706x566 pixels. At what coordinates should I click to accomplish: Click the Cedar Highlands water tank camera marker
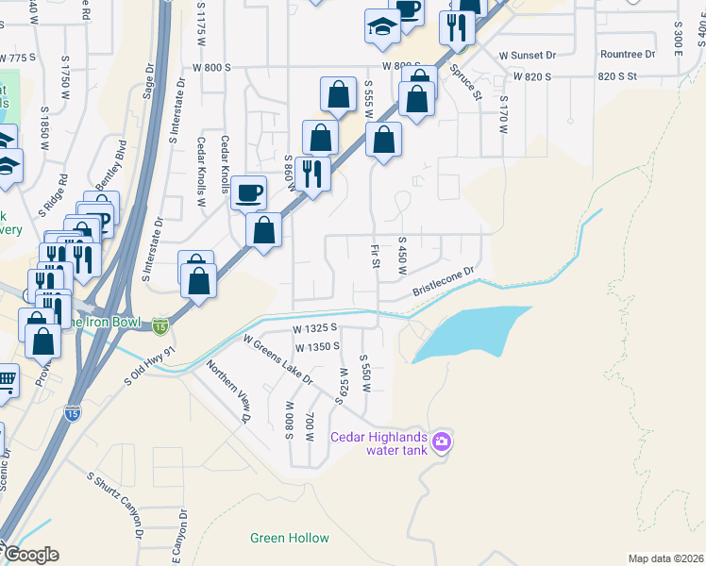(x=441, y=441)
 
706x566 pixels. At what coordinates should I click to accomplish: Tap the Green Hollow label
(x=290, y=539)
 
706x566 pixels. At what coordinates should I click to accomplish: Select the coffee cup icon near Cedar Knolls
(x=248, y=192)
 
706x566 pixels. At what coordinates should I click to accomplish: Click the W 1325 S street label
(x=315, y=329)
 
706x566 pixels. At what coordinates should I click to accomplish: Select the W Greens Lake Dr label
(x=277, y=358)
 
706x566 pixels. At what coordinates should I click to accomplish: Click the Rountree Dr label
(x=627, y=55)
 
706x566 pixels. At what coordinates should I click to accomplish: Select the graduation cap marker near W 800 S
(x=381, y=26)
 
